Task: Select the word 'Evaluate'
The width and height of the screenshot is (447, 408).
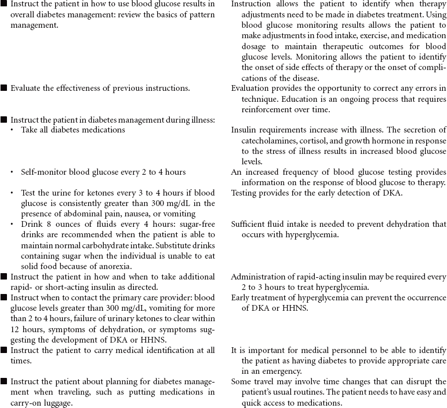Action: click(27, 88)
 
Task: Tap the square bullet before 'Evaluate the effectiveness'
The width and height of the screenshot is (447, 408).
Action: click(4, 88)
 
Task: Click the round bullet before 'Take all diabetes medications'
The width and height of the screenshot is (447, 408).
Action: click(13, 130)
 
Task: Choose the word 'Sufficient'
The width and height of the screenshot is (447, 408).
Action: click(251, 225)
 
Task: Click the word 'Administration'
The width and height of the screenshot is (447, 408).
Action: click(258, 277)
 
